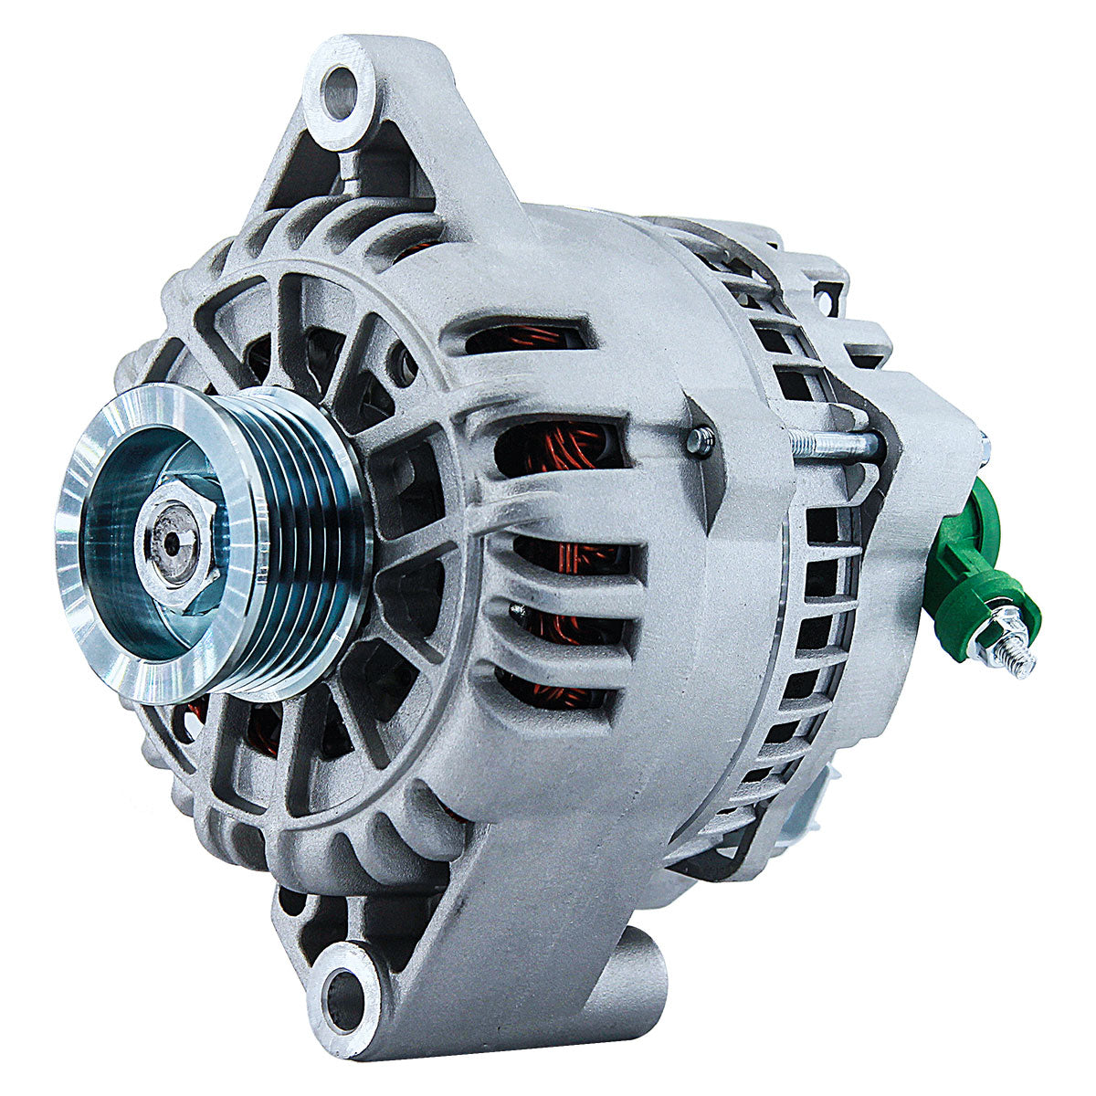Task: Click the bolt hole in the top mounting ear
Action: pos(341,92)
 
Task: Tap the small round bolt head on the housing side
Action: pos(699,442)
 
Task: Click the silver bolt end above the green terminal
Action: pos(985,447)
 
